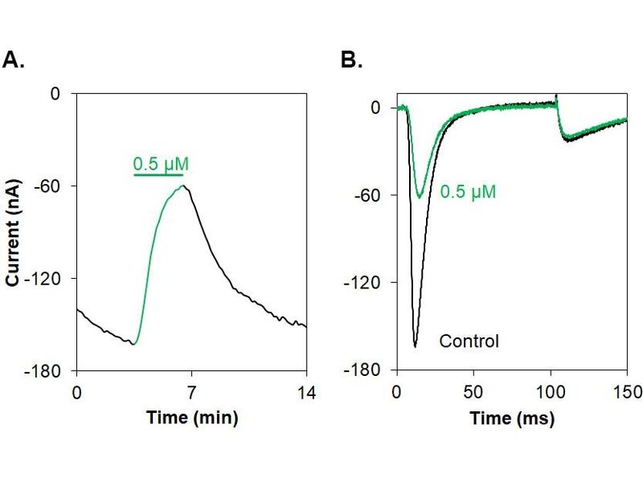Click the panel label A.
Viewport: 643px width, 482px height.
tap(15, 60)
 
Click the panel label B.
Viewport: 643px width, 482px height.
tap(352, 60)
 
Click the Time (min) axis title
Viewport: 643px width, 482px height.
tap(191, 418)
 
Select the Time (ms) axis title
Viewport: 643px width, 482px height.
tap(512, 418)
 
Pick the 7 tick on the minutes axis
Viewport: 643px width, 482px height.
tap(191, 392)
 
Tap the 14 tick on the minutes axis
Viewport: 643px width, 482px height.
tap(306, 392)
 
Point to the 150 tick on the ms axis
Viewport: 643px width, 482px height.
tap(627, 392)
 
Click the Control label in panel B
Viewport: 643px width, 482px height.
tap(469, 341)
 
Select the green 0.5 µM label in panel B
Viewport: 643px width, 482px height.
tap(468, 192)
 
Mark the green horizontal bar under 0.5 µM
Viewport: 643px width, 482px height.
tap(158, 174)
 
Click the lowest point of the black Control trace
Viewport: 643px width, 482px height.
tap(415, 346)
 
